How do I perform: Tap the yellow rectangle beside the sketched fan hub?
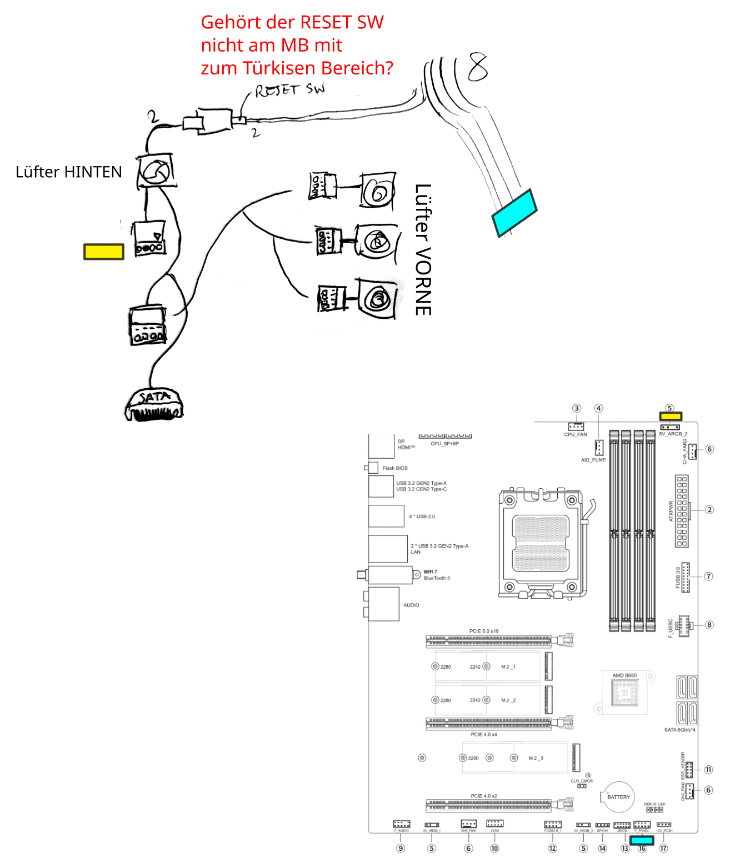tap(104, 252)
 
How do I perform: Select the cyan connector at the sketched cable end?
tap(514, 213)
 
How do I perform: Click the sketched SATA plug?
tap(154, 404)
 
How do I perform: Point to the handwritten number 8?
tap(477, 67)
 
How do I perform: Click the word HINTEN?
tap(96, 172)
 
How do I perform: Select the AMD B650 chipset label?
tap(624, 675)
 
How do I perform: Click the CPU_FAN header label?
tap(576, 434)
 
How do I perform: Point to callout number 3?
tap(577, 408)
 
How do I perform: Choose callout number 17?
tap(663, 848)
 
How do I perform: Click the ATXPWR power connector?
tap(682, 511)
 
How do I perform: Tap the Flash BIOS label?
tap(395, 468)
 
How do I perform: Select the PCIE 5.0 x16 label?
tap(484, 631)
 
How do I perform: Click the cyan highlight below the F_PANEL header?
tap(642, 840)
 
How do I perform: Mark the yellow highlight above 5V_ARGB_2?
tap(670, 416)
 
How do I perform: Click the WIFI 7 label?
tap(431, 571)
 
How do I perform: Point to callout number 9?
tap(401, 848)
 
